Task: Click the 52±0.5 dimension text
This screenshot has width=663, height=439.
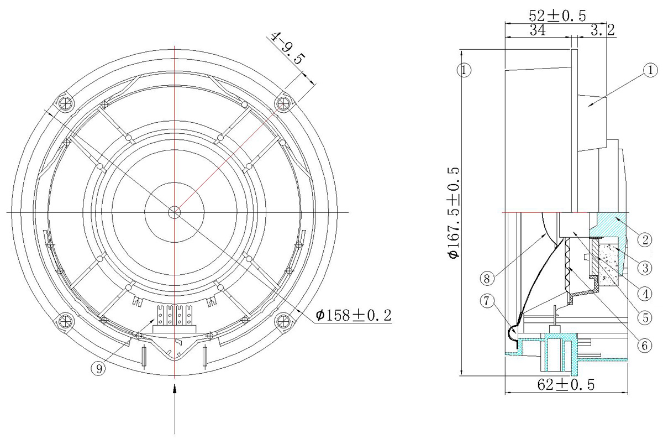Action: [557, 15]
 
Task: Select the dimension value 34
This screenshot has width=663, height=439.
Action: [538, 30]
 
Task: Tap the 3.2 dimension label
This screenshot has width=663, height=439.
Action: [603, 30]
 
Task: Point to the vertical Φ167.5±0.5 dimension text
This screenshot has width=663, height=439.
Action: [454, 213]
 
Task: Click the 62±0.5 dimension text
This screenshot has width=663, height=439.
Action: [566, 385]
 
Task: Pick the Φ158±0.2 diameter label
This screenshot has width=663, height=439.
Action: [354, 315]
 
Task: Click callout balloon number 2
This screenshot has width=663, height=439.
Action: [645, 239]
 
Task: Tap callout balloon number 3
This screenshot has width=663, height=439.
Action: [645, 268]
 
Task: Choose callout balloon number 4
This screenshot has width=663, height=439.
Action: [645, 294]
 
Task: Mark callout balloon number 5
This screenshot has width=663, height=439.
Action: [645, 318]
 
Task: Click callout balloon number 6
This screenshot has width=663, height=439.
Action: [645, 346]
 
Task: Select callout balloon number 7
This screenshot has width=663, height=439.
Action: [487, 301]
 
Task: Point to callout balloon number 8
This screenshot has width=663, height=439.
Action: [487, 279]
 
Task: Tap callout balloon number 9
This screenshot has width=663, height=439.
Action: [98, 368]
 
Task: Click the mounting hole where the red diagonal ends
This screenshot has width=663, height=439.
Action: [283, 103]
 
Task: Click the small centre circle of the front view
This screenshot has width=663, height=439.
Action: [175, 212]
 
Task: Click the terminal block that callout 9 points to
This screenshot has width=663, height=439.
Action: [174, 320]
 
